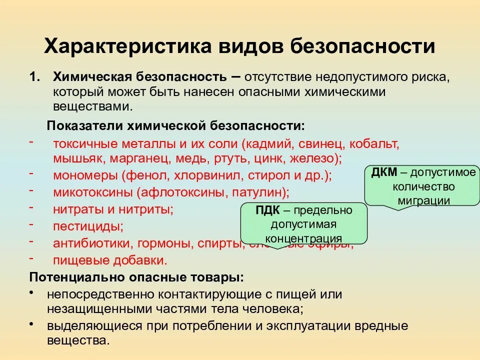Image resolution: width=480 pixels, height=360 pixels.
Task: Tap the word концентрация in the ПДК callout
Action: [x=303, y=238]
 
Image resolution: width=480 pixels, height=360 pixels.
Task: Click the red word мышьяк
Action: [x=75, y=158]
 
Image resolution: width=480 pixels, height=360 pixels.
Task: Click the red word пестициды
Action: [x=88, y=226]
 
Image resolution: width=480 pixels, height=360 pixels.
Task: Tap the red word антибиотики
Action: [x=89, y=243]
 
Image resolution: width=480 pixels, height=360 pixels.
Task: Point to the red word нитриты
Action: [x=150, y=209]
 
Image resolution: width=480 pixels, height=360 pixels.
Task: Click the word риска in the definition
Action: [x=422, y=77]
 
